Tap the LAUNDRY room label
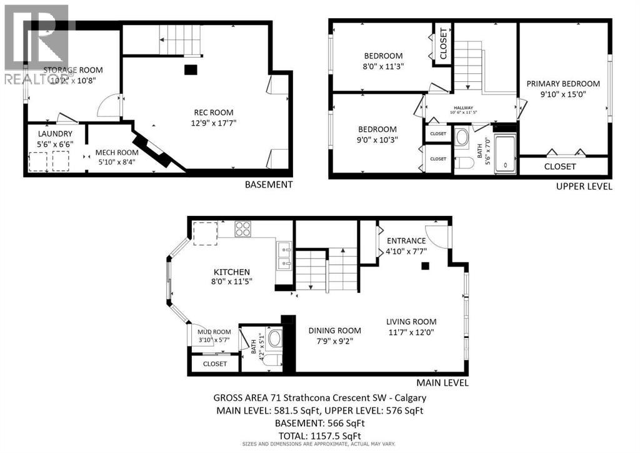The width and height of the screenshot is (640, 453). (x=55, y=134)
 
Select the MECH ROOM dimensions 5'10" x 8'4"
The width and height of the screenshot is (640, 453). (x=116, y=162)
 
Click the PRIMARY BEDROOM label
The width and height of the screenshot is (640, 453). (x=562, y=84)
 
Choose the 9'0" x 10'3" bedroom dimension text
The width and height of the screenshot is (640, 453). (x=377, y=140)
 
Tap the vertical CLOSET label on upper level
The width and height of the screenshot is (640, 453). (x=443, y=44)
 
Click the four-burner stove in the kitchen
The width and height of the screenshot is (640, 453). (x=242, y=229)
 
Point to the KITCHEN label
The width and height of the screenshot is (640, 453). (x=232, y=272)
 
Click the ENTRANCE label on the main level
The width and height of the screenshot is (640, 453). (x=406, y=241)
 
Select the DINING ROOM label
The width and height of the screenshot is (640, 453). (x=335, y=330)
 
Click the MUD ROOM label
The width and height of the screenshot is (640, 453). (x=214, y=332)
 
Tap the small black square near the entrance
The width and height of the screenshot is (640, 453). (x=426, y=266)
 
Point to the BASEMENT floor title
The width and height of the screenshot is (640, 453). (x=268, y=185)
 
